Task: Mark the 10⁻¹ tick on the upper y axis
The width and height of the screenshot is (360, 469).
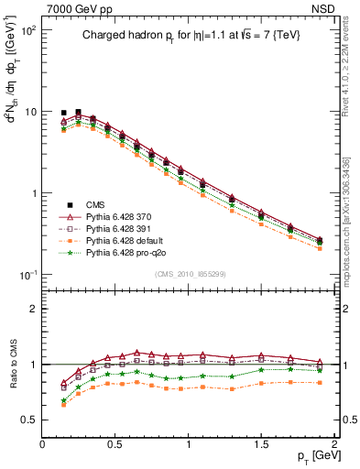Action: click(x=28, y=275)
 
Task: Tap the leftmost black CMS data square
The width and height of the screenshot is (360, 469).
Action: click(x=64, y=113)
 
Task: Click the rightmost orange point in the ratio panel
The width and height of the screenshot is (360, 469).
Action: click(x=319, y=382)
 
